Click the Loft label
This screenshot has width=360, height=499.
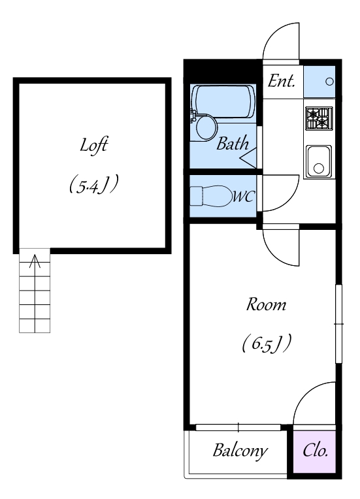pos(93,146)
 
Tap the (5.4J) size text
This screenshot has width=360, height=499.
pos(94,184)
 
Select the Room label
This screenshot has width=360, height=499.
pos(266,304)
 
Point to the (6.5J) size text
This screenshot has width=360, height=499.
pos(267,344)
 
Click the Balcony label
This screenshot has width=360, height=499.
pos(240,451)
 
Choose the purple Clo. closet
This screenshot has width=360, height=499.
pos(314,451)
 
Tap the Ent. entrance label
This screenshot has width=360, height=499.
pos(282,81)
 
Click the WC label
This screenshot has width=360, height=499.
pos(243,197)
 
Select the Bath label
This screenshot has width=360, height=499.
pos(233,144)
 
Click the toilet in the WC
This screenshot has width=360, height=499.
pos(211,197)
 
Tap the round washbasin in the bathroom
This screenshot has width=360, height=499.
pos(206,127)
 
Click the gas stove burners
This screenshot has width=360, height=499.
pos(319,118)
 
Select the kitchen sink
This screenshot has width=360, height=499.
pos(319,161)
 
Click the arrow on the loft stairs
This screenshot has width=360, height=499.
pos(35,262)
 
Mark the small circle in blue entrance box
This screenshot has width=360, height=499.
pos(330,82)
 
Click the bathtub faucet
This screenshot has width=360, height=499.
pos(193,116)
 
